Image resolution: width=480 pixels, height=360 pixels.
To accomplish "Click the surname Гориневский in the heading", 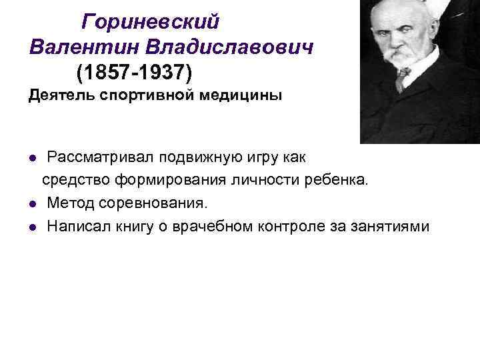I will [x=150, y=23].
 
